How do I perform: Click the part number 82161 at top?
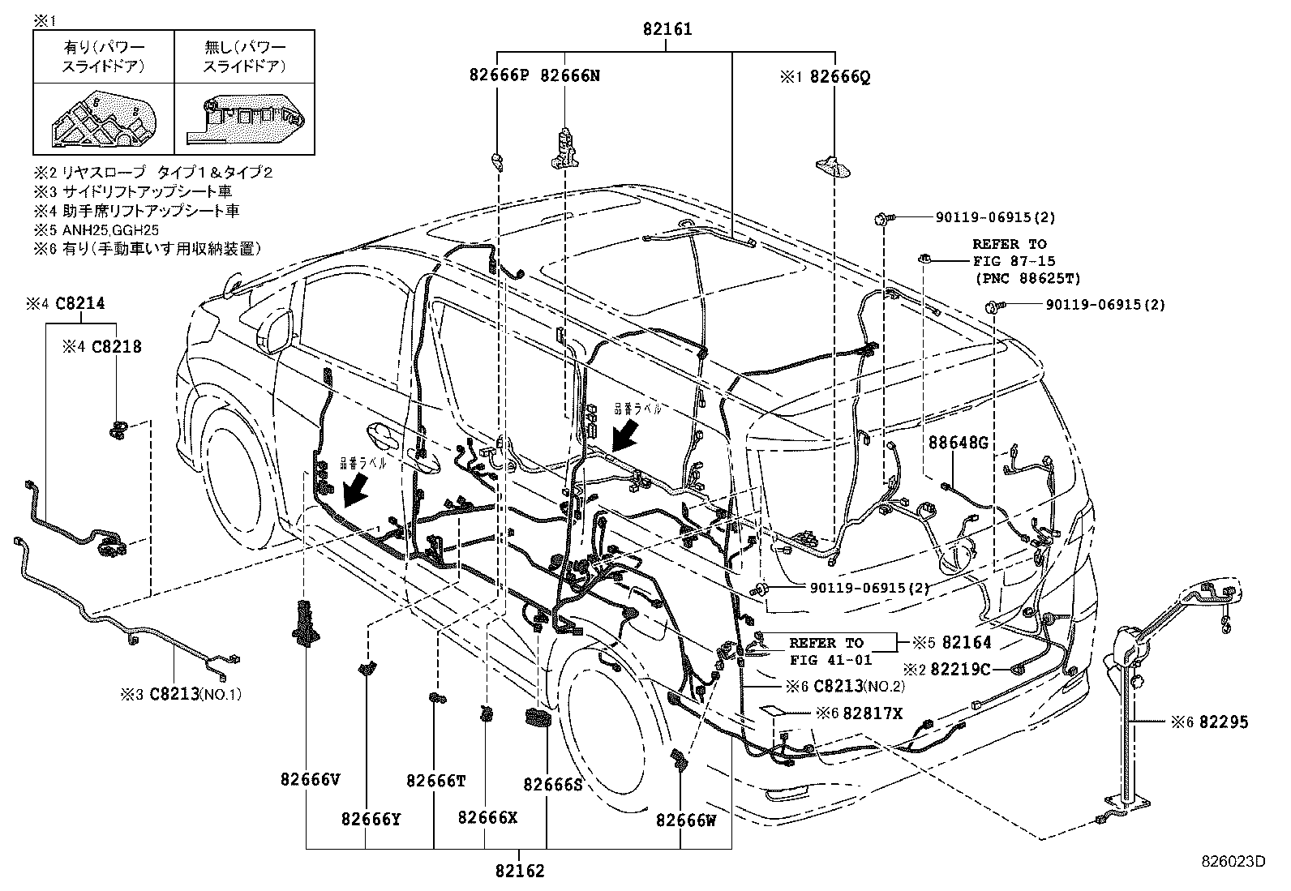click(x=667, y=30)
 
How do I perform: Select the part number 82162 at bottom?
click(x=520, y=872)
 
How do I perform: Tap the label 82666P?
click(x=499, y=76)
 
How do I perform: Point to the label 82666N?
click(x=570, y=76)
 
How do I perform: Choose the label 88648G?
click(x=958, y=443)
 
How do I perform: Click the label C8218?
click(x=117, y=347)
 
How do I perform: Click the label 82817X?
click(x=872, y=713)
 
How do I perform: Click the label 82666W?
click(x=686, y=820)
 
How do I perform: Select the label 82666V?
click(x=310, y=780)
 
